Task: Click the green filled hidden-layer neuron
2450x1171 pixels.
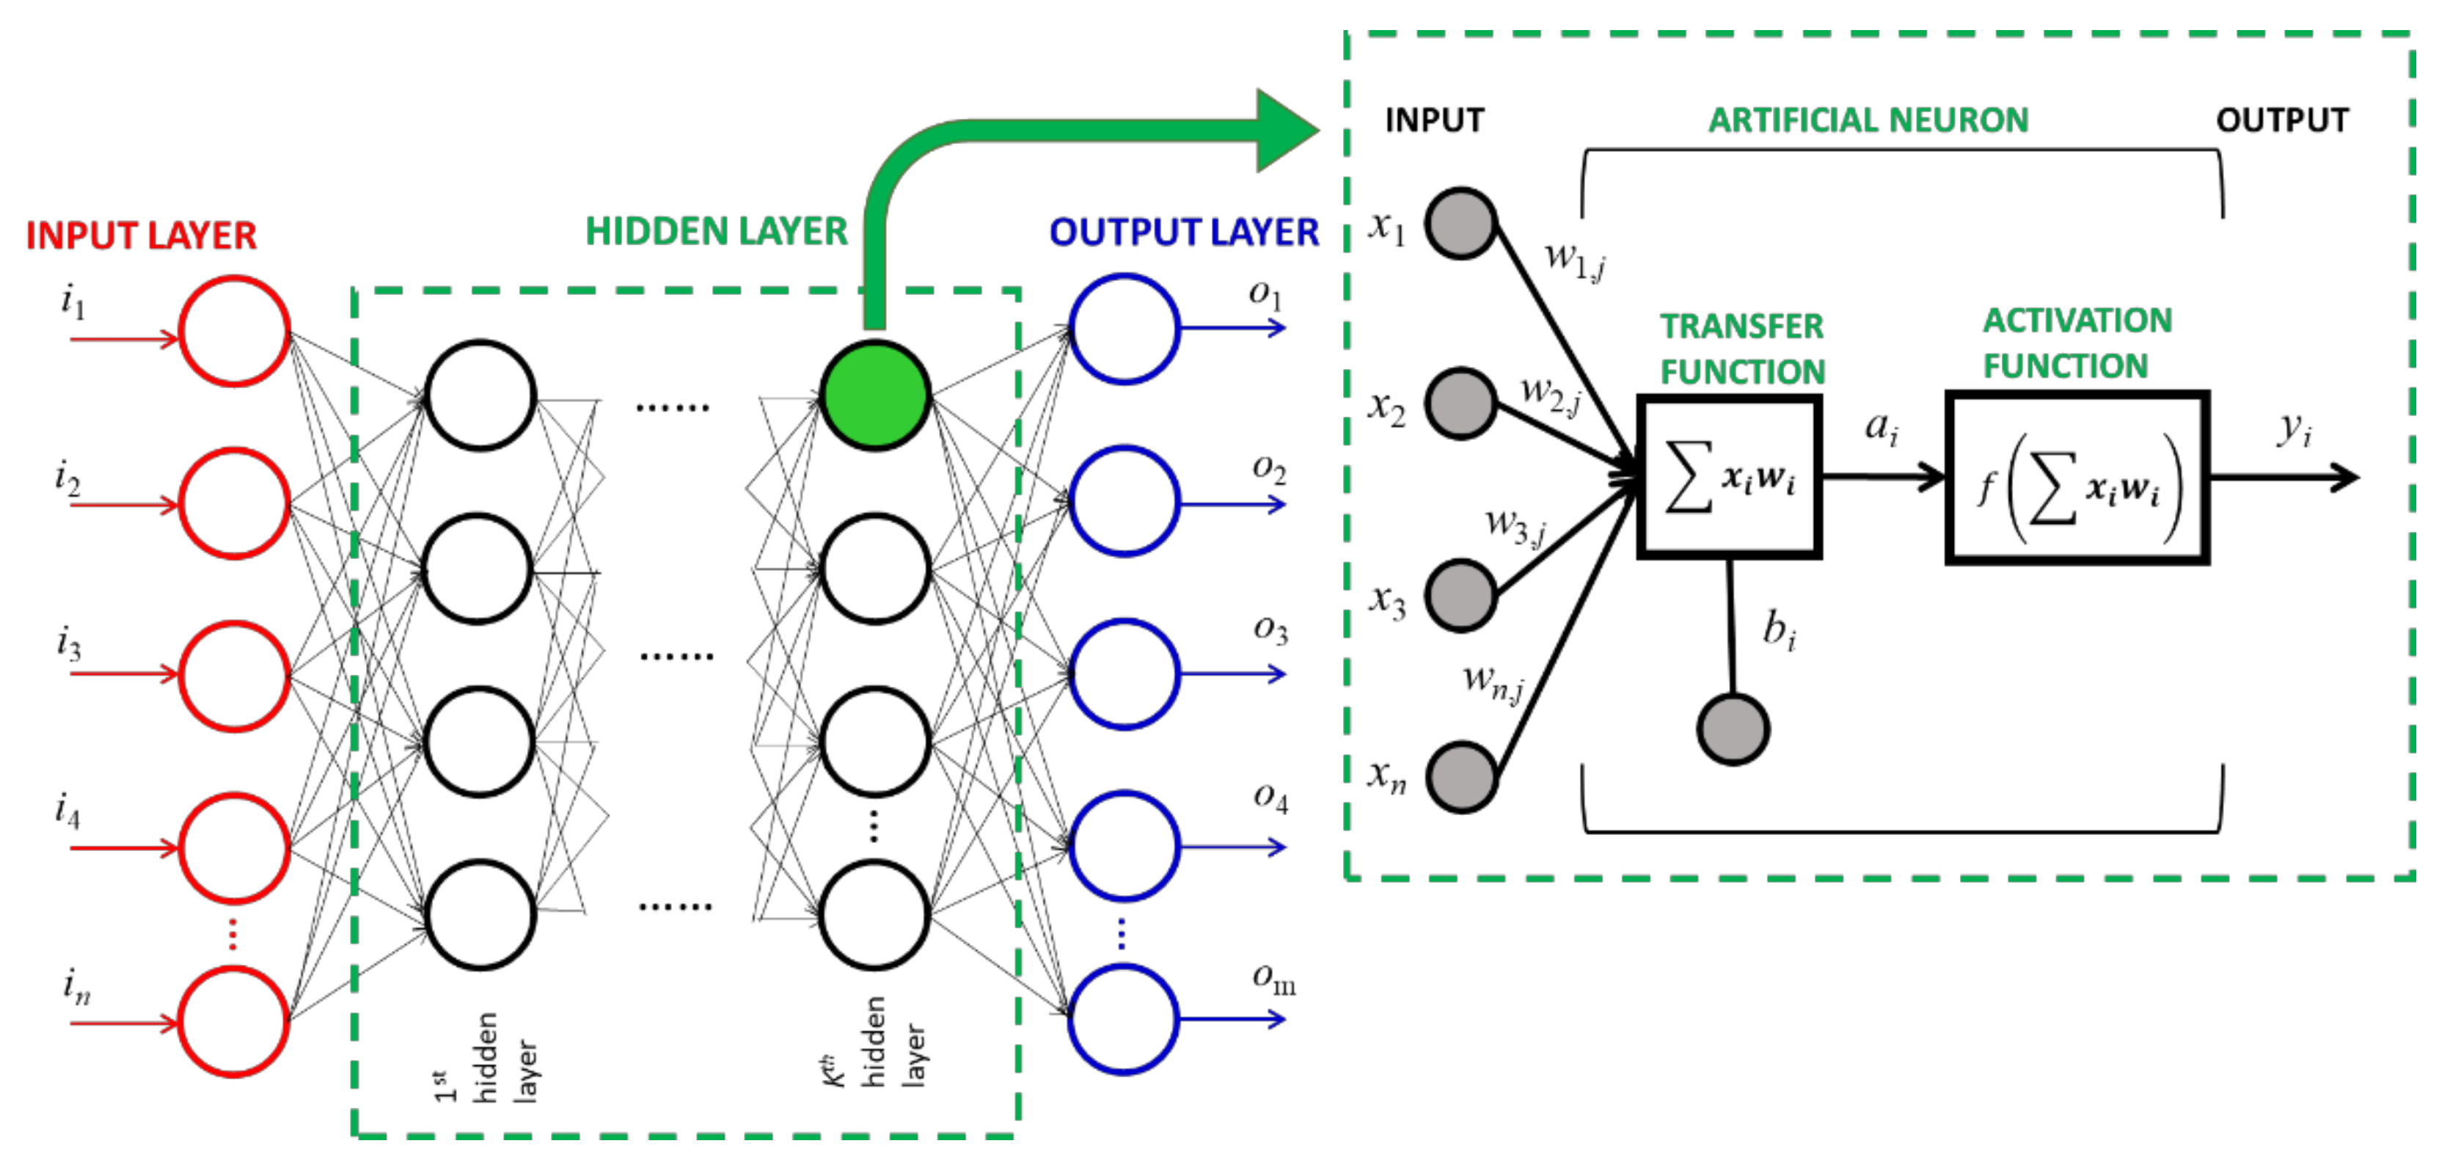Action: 874,395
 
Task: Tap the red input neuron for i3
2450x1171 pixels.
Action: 234,676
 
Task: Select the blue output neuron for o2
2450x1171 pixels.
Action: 1125,501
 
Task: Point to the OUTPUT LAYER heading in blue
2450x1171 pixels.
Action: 1183,232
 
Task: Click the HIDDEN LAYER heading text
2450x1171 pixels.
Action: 715,231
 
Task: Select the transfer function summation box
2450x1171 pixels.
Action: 1729,478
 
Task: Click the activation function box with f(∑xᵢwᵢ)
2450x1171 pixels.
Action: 2076,478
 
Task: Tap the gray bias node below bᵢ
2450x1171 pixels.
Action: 1733,729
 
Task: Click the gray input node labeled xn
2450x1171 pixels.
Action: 1461,777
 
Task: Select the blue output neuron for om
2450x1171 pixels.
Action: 1125,1019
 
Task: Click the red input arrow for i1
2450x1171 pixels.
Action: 124,340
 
